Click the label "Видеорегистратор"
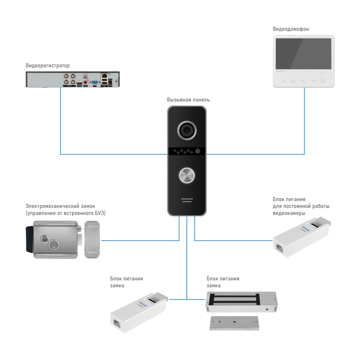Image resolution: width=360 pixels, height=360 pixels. tap(48, 65)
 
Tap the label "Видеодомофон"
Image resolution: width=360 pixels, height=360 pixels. tap(291, 29)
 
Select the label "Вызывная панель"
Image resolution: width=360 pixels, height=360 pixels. tap(188, 100)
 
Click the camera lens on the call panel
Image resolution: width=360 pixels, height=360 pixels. tap(187, 130)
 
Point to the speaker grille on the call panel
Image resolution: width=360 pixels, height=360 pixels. tap(187, 201)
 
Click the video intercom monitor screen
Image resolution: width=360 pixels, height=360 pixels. tap(302, 56)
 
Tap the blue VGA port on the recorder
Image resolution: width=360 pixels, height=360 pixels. tap(95, 83)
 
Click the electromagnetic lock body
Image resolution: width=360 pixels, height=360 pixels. tap(241, 301)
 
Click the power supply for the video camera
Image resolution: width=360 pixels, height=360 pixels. tap(300, 238)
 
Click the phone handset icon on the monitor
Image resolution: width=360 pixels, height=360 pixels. tap(303, 80)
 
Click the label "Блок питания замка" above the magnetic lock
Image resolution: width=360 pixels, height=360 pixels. tap(223, 282)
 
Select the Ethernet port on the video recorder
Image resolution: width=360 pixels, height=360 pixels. tap(104, 77)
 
